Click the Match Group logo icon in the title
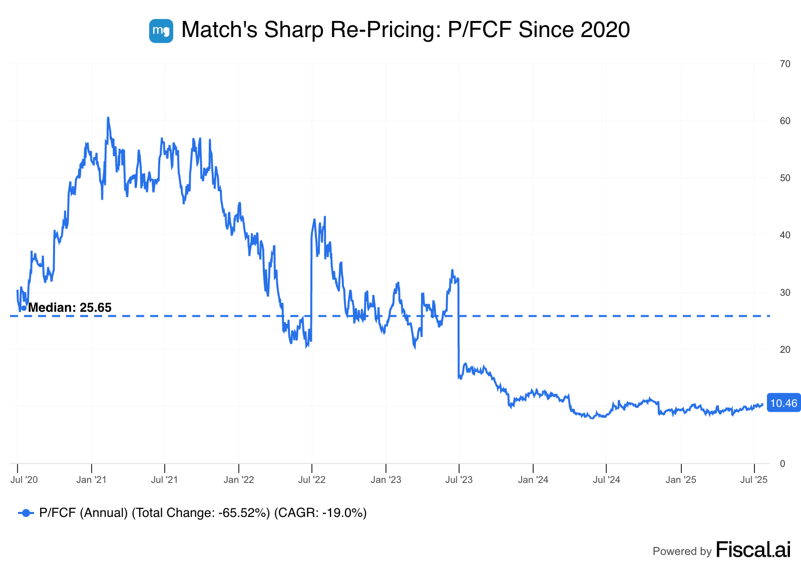point(161,31)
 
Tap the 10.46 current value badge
point(783,403)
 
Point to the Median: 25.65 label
point(70,308)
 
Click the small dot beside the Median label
point(24,308)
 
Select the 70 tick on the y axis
point(785,64)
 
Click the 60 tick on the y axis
point(785,121)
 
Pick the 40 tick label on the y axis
point(785,235)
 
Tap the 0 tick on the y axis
point(782,464)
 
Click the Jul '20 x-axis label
point(24,480)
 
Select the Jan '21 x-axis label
point(92,480)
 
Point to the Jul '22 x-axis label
point(312,480)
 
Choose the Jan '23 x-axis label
point(386,480)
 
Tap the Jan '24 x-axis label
point(533,480)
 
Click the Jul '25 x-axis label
point(754,480)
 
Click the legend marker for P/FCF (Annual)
point(26,513)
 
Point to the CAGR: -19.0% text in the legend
point(320,513)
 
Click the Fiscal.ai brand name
point(753,550)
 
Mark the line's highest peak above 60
point(108,118)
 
